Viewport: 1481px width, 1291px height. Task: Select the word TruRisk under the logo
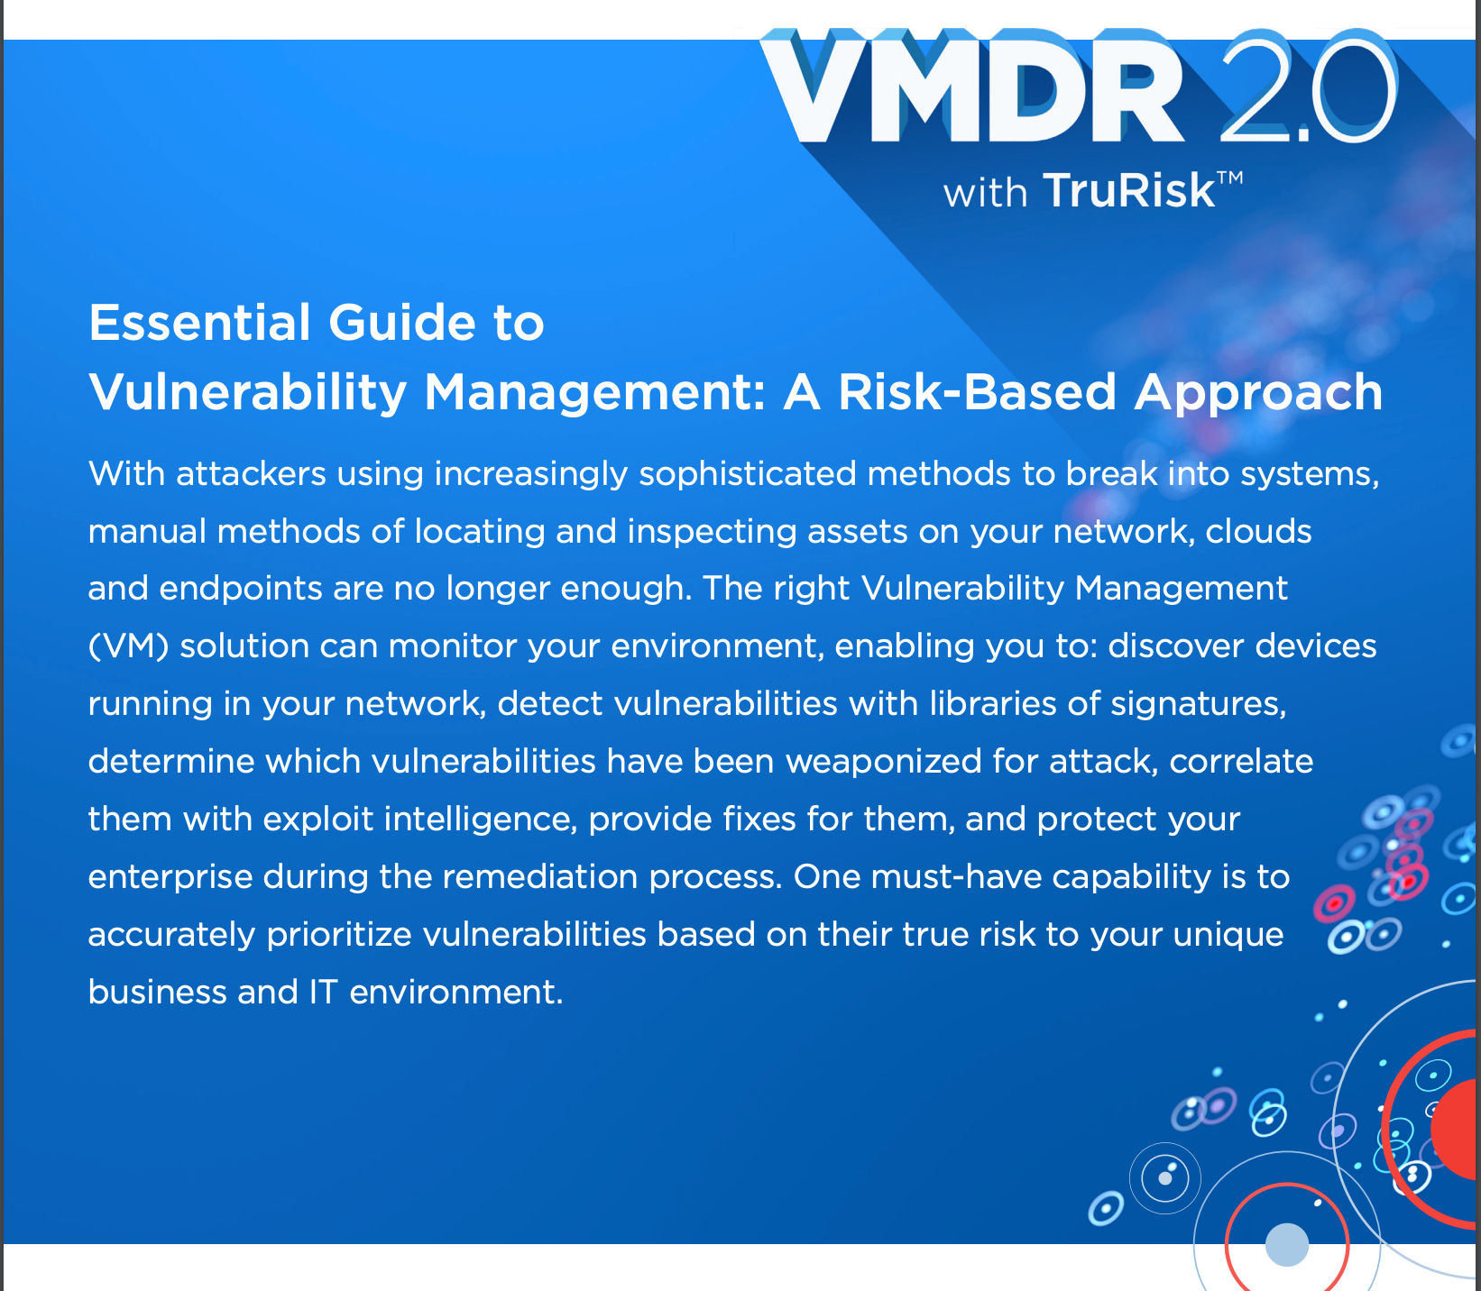pyautogui.click(x=1129, y=191)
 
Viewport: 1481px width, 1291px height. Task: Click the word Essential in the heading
pyautogui.click(x=199, y=323)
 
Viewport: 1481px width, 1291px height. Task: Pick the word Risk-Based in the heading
pyautogui.click(x=978, y=392)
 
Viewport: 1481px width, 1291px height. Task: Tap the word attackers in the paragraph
pyautogui.click(x=251, y=473)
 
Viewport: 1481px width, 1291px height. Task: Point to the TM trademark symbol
pyautogui.click(x=1230, y=178)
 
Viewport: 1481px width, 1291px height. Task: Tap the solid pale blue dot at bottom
pyautogui.click(x=1287, y=1244)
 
